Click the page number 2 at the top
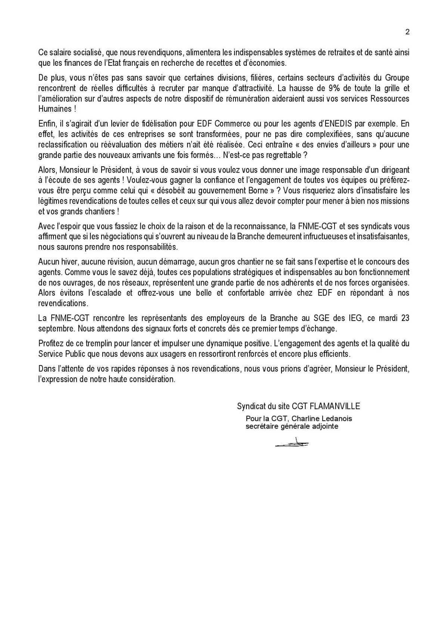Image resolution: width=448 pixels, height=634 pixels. tap(407, 32)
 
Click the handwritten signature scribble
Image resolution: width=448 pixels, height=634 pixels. tap(292, 443)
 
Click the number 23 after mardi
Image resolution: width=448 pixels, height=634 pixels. tap(405, 318)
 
